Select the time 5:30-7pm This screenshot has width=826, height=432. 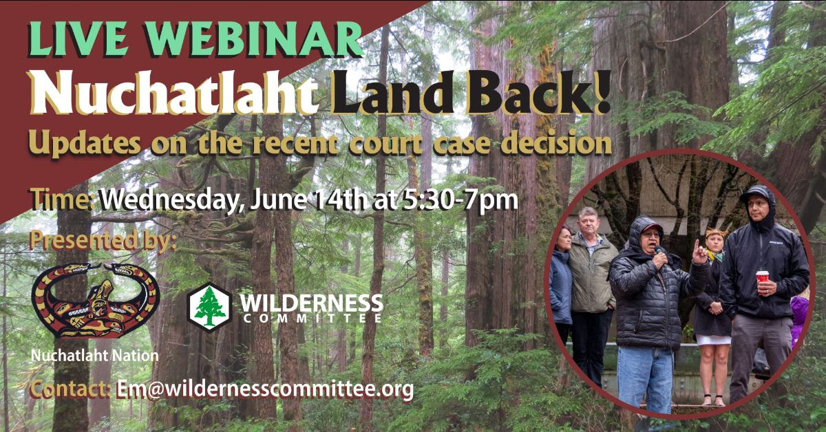tap(460, 202)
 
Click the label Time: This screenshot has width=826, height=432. tap(63, 200)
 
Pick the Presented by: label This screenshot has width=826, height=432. tap(103, 241)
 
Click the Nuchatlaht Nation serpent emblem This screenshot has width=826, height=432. tap(96, 301)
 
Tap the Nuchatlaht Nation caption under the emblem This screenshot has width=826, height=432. tap(95, 356)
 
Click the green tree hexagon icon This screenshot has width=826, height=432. tap(210, 307)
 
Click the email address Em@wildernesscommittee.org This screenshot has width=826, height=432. tap(265, 389)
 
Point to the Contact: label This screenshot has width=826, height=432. tap(70, 389)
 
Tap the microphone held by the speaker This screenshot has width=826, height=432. tap(658, 250)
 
